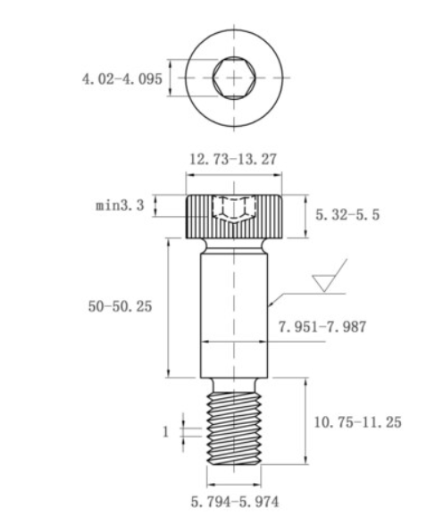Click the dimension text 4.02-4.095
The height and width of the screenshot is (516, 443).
click(x=122, y=79)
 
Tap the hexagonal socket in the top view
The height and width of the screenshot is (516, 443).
click(x=234, y=78)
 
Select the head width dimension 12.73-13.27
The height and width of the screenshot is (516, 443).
click(x=233, y=159)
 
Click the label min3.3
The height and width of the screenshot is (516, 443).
click(x=120, y=205)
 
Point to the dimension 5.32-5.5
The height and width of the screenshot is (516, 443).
click(x=347, y=215)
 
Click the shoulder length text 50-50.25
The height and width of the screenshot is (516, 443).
click(x=121, y=307)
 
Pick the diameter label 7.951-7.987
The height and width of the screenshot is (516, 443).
click(x=322, y=327)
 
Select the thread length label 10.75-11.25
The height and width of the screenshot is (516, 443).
click(x=358, y=422)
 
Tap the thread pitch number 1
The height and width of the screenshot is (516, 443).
click(x=166, y=432)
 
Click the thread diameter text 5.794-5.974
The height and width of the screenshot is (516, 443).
click(x=235, y=503)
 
